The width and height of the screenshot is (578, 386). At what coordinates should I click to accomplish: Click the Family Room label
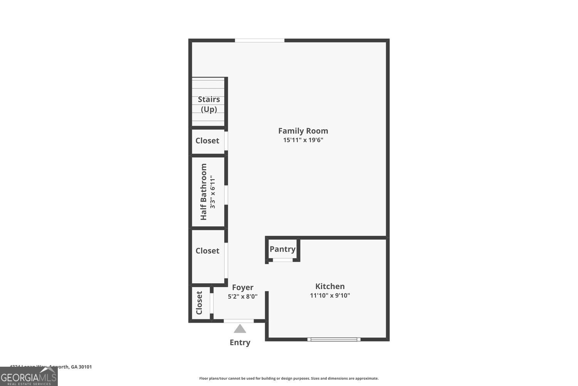[x=303, y=131]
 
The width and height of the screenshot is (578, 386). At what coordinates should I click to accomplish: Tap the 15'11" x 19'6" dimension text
[x=303, y=140]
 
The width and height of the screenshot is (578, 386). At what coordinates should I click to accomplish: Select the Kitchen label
[x=330, y=286]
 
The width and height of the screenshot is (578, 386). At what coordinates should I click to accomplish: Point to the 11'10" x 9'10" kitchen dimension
[x=330, y=296]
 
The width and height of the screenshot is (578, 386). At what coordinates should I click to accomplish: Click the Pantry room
[x=282, y=249]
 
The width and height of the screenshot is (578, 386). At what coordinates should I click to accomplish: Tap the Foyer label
[x=242, y=288]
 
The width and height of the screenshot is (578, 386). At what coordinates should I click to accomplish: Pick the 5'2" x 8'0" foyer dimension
[x=242, y=297]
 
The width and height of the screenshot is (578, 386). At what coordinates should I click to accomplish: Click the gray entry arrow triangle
[x=240, y=329]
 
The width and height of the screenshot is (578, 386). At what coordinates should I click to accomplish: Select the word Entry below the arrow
[x=240, y=342]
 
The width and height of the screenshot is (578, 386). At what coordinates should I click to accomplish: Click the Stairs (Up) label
[x=209, y=104]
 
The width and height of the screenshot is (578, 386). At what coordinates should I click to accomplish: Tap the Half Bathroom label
[x=203, y=192]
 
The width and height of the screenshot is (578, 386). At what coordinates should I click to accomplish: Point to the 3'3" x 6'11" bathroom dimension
[x=213, y=192]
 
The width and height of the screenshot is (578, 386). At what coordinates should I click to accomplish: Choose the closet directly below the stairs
[x=207, y=141]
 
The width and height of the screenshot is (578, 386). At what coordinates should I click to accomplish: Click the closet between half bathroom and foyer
[x=207, y=251]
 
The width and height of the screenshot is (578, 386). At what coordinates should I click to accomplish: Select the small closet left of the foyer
[x=200, y=303]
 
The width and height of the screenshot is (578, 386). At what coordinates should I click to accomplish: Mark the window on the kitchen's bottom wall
[x=334, y=339]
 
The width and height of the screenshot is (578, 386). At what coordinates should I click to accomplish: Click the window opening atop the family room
[x=260, y=41]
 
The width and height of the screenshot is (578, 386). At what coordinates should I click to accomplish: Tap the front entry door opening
[x=239, y=321]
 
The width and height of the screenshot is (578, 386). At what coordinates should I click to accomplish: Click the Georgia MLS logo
[x=29, y=376]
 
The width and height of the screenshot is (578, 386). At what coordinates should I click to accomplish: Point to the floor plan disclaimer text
[x=289, y=378]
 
